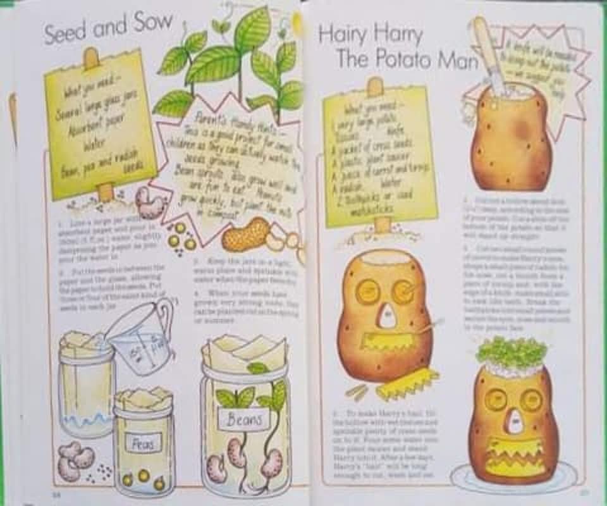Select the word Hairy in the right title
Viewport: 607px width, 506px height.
(x=345, y=34)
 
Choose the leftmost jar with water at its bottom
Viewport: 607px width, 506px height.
(x=86, y=386)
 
